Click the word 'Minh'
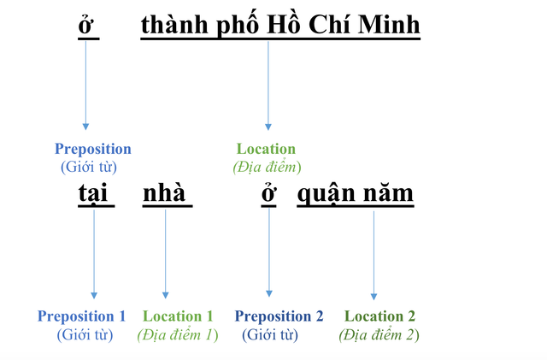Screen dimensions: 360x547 point(390,26)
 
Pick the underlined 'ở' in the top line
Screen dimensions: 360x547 point(85,27)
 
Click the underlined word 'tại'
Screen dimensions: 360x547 point(95,193)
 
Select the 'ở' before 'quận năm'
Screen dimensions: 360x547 point(269,194)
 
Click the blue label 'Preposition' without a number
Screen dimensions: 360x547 point(92,149)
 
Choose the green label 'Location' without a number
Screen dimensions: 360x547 point(266,149)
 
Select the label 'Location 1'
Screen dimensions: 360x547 point(178,316)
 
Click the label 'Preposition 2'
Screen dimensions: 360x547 point(279,316)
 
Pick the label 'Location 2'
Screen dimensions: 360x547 point(379,316)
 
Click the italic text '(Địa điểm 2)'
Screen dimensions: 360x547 point(379,334)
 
